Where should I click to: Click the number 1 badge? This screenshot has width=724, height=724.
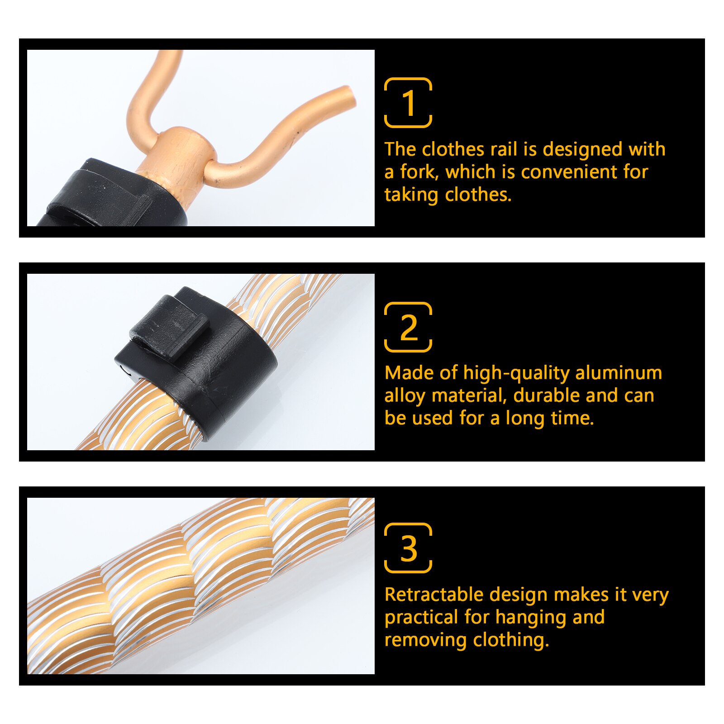(408, 103)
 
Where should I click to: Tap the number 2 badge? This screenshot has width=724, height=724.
(408, 327)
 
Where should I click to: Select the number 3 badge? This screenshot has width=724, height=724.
(408, 548)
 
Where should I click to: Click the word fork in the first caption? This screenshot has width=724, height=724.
(419, 172)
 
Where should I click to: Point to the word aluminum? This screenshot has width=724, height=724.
(619, 373)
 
